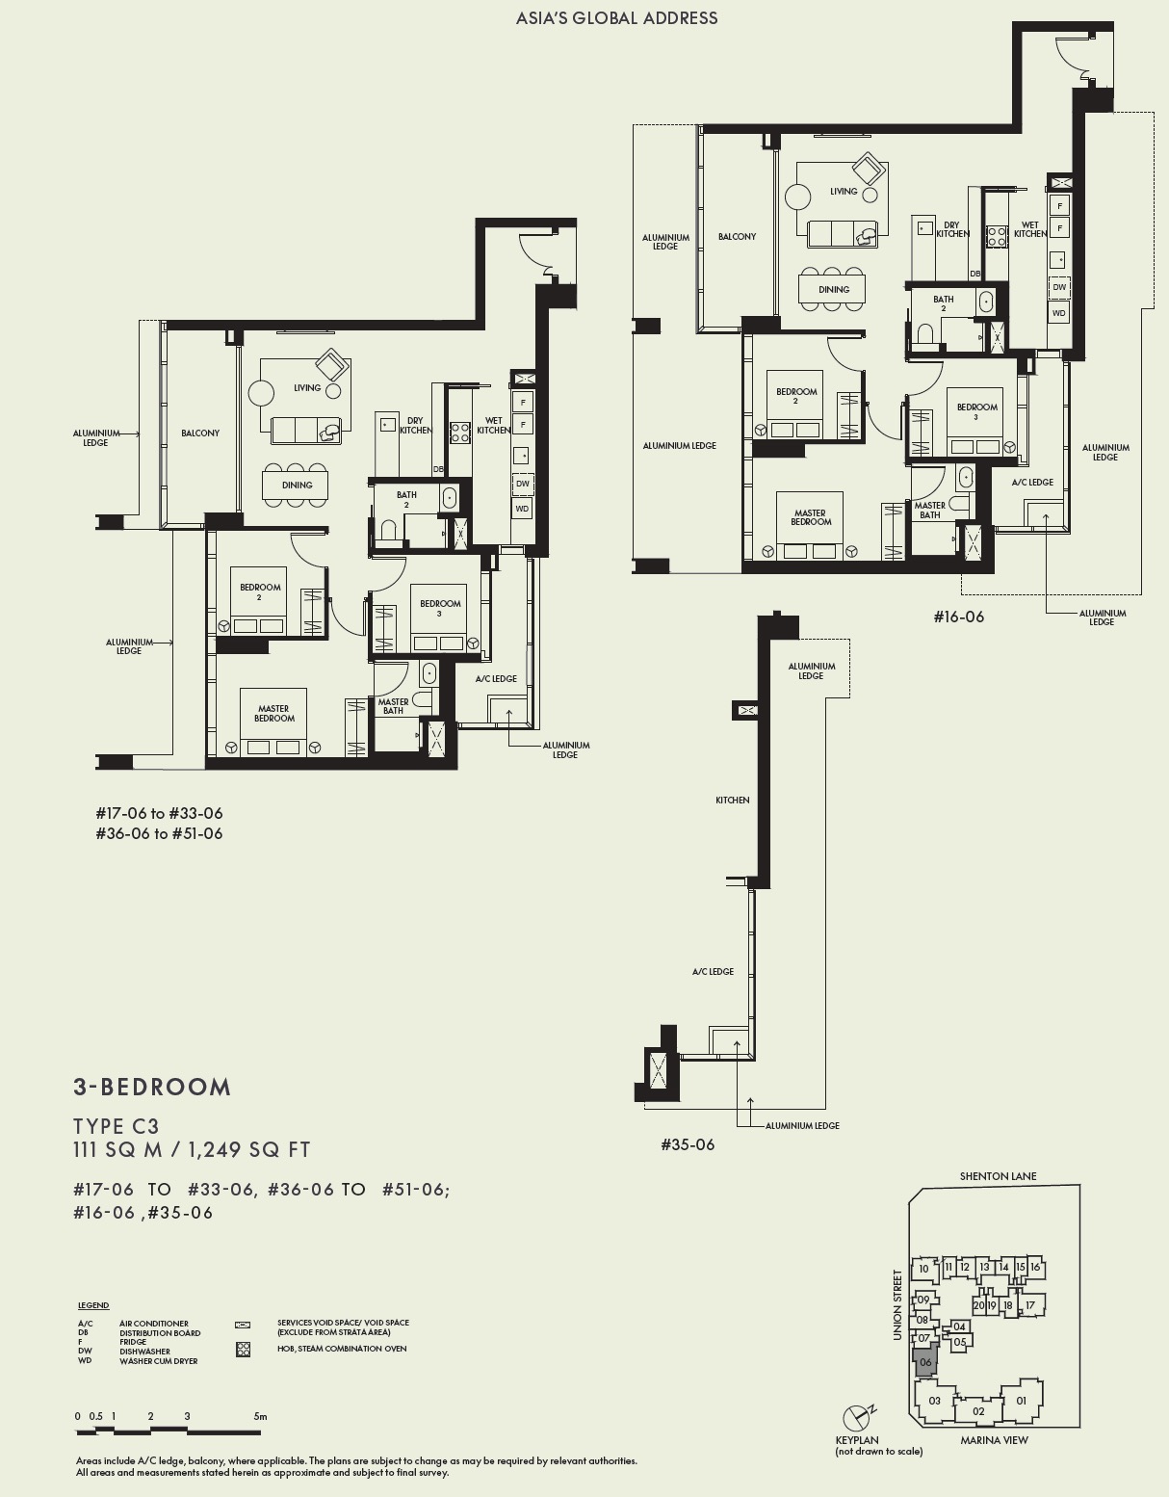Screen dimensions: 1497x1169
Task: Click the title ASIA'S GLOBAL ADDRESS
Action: pos(616,17)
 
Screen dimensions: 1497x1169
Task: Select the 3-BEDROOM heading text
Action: pos(152,1087)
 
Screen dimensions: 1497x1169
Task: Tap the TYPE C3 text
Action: pos(117,1126)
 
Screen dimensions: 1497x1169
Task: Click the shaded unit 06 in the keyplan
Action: pos(925,1362)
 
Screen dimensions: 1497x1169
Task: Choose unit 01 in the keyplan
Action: pos(1022,1401)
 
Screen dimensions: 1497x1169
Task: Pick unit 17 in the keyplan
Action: pos(1029,1305)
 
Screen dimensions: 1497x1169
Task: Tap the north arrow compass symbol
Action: pos(855,1418)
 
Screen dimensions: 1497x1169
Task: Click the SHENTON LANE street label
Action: pos(998,1176)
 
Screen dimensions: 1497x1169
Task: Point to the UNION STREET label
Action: pos(897,1304)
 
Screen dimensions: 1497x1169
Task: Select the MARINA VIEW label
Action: pos(994,1440)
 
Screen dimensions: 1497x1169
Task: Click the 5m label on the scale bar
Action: pos(260,1416)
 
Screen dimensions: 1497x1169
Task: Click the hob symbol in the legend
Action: pos(243,1350)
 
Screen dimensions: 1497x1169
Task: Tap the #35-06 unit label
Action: pos(688,1144)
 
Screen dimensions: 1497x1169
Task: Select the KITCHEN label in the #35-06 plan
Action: pos(732,800)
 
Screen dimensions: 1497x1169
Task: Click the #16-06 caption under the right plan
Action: pos(958,617)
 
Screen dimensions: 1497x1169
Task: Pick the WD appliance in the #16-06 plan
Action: pos(1059,313)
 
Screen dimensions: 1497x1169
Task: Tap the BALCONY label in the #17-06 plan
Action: pos(200,433)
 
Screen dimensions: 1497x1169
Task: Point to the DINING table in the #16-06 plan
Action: pos(834,289)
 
